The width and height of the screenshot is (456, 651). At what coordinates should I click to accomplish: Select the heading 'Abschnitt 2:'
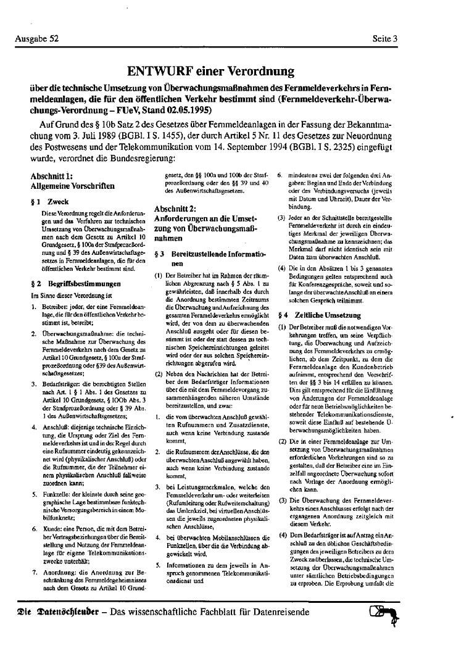[x=176, y=208]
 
